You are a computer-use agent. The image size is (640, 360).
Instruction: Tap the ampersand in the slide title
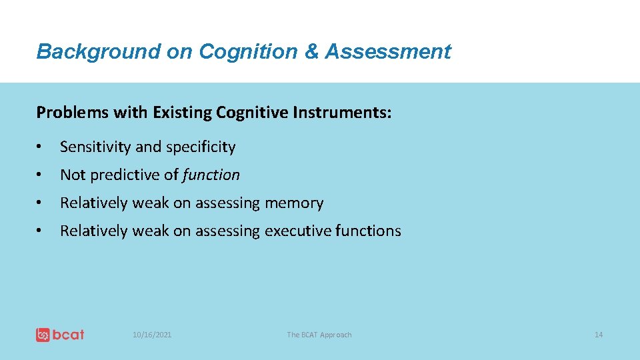tap(311, 51)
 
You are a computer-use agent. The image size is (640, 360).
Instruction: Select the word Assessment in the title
tap(388, 51)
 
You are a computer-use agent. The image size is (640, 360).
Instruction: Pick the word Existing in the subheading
tap(181, 113)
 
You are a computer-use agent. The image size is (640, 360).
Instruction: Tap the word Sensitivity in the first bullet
tap(95, 147)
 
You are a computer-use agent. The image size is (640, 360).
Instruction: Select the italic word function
tap(211, 175)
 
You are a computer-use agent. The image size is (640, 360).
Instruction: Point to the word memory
tap(294, 203)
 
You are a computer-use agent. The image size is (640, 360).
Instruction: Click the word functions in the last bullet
tap(369, 231)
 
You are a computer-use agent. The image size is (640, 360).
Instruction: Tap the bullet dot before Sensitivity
tap(41, 147)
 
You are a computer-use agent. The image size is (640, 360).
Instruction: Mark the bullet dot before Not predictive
tap(41, 175)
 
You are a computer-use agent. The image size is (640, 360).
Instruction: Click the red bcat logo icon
tap(43, 335)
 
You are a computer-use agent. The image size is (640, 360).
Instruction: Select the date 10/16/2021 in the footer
tap(152, 335)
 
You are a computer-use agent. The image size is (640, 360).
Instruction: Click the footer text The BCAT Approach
tap(319, 335)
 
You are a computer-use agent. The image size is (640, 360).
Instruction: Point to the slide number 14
tap(598, 335)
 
